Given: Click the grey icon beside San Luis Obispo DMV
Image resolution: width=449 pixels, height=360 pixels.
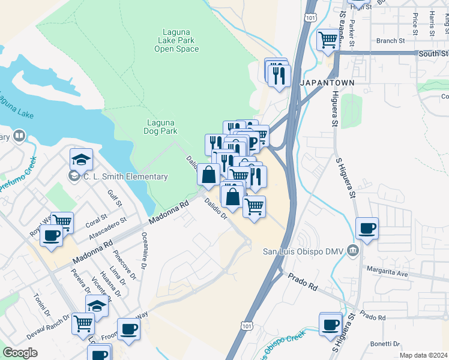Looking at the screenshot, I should click(x=352, y=250).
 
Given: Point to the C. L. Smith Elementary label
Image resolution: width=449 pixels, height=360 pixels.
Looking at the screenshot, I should click(x=125, y=176).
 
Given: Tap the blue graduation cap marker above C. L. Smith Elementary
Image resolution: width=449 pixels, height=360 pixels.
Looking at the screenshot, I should click(x=81, y=160).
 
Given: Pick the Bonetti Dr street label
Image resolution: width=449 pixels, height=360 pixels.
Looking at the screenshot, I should click(x=385, y=344).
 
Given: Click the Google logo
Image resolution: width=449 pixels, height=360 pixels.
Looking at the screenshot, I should click(x=20, y=353).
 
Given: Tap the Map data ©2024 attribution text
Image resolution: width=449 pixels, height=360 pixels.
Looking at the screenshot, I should click(x=423, y=355).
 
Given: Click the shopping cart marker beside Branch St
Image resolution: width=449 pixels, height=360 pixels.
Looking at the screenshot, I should click(x=328, y=40).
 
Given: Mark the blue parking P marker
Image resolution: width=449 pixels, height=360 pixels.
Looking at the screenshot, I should click(x=253, y=142).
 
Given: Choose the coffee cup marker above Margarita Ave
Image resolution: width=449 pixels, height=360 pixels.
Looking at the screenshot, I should click(x=367, y=228).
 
